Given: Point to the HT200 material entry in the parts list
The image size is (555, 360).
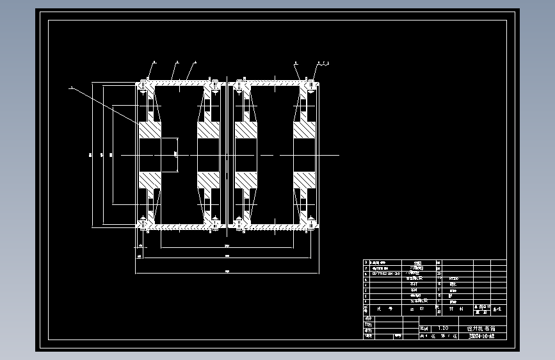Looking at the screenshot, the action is [454, 279].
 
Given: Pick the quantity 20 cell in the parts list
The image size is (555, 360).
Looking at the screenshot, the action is [438, 274].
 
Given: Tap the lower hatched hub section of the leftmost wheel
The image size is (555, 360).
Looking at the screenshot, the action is [150, 180].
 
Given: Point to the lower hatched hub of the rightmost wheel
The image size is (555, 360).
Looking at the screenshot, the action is [304, 180].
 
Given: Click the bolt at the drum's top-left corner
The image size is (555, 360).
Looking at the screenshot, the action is [142, 84].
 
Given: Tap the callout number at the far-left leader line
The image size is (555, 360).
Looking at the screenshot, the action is [71, 88].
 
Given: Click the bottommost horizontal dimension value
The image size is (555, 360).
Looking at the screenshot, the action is [227, 272].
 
